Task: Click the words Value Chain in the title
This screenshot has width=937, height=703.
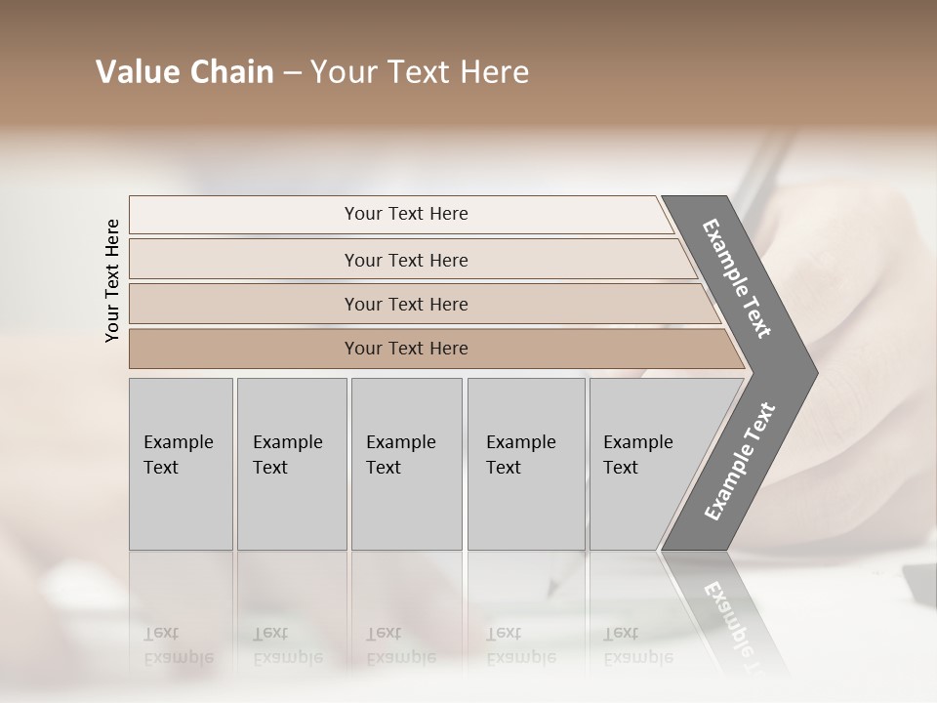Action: (184, 73)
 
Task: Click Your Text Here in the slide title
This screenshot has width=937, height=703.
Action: (420, 73)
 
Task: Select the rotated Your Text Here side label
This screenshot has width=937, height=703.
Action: (112, 280)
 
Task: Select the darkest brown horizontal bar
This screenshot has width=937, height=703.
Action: (244, 349)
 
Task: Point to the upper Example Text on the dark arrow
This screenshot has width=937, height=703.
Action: (737, 278)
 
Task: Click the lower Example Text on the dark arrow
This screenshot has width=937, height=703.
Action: (739, 462)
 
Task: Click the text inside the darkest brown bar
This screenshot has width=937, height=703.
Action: (406, 349)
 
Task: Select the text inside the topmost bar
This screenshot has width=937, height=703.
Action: (406, 214)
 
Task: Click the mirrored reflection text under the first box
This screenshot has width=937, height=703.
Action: (178, 645)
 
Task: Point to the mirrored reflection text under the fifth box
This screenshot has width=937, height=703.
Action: (637, 645)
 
